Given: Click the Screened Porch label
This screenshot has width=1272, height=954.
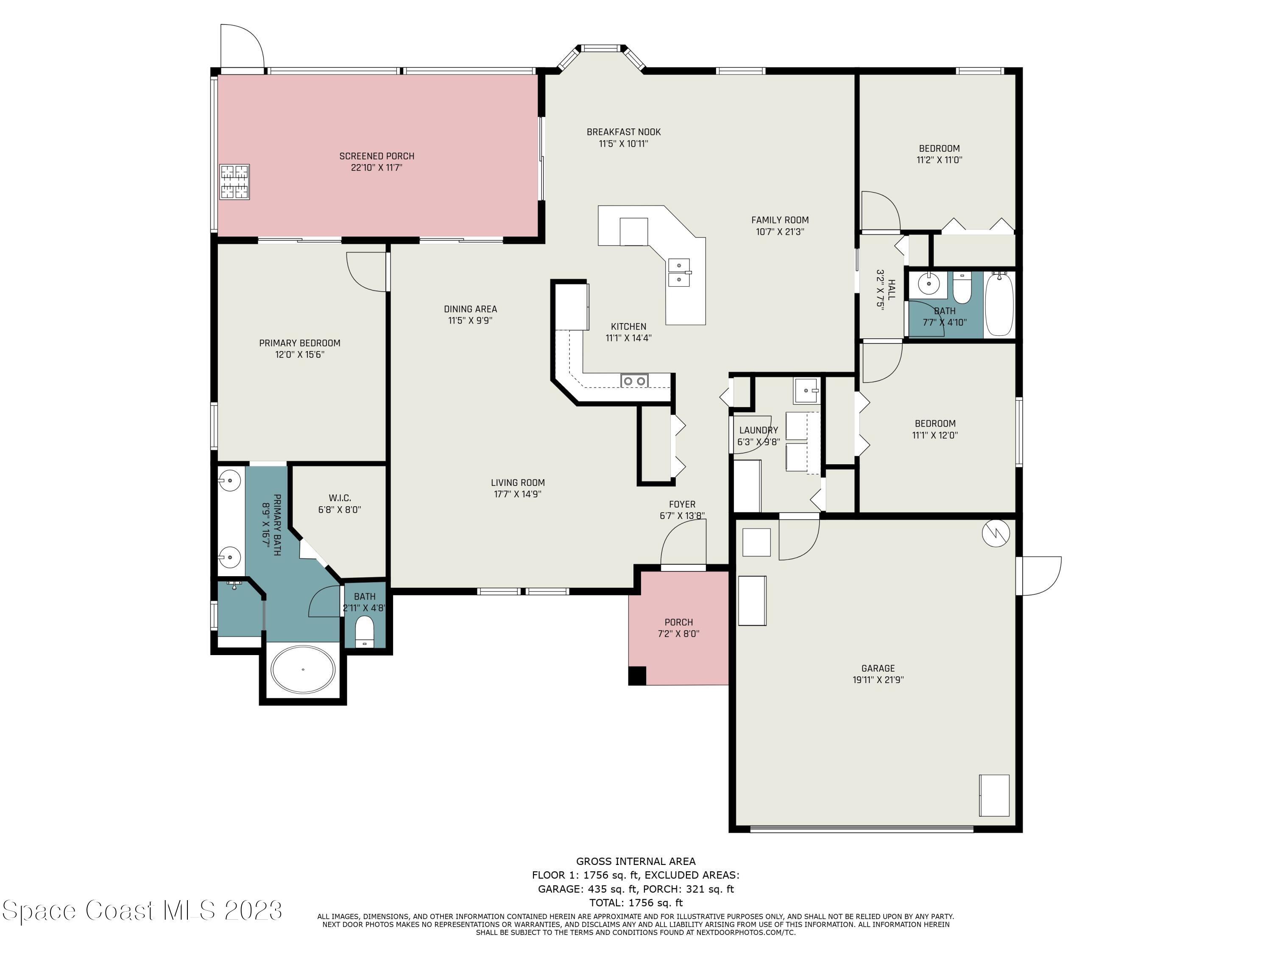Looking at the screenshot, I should (377, 156).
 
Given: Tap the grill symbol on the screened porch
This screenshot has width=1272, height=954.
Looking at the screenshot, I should (234, 182).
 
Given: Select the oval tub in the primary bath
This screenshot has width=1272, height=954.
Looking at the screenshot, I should (303, 670).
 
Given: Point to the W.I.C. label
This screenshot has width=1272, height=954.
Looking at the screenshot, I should (340, 498).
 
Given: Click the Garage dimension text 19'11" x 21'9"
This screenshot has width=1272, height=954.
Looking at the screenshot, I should (878, 680).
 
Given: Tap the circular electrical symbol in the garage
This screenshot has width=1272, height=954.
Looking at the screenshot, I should (996, 533).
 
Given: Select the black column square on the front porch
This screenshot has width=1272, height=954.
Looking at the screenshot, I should (637, 676).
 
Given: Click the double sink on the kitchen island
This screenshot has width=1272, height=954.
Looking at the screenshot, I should (680, 273).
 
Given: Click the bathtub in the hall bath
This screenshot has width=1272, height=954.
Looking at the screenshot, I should (999, 305).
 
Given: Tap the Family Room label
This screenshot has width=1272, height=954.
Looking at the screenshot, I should (780, 220).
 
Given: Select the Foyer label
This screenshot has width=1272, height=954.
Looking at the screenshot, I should (682, 504).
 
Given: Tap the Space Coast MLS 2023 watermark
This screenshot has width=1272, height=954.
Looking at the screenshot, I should (142, 910).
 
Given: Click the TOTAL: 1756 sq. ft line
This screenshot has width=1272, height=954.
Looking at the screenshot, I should (636, 903).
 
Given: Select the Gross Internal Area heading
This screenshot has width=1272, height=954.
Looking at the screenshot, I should (636, 862).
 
